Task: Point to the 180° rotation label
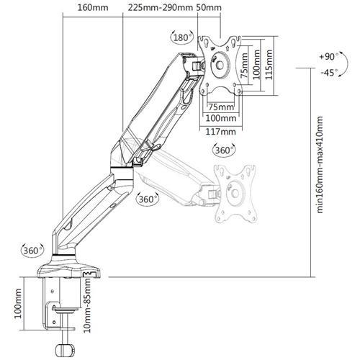181,37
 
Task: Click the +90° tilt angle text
327,56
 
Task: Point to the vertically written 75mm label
246,65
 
